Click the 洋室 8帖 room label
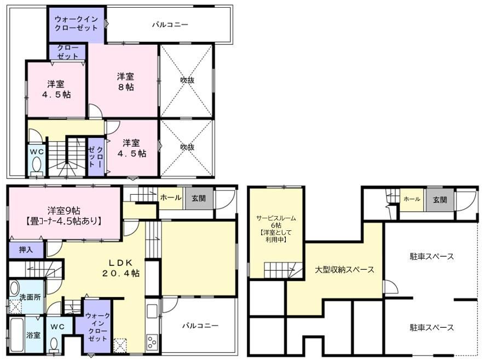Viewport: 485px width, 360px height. [x=125, y=82]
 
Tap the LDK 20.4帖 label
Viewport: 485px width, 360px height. [x=121, y=268]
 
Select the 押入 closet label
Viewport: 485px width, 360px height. [x=26, y=249]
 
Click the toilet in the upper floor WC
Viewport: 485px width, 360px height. [x=37, y=165]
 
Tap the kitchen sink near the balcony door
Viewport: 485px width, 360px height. [x=152, y=311]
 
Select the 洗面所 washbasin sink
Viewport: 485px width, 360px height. [x=14, y=288]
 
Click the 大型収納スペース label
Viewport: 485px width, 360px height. [x=344, y=270]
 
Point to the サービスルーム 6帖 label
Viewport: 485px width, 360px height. [x=276, y=229]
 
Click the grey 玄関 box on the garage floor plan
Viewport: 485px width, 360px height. [x=440, y=200]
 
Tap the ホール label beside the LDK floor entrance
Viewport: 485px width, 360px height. [x=170, y=198]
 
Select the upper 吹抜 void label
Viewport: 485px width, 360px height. [x=187, y=80]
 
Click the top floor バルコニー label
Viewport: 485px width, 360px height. [x=170, y=25]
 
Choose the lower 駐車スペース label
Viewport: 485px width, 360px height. [x=432, y=327]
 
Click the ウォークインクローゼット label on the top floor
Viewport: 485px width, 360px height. [x=76, y=24]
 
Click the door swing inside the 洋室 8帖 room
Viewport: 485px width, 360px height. [x=96, y=112]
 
